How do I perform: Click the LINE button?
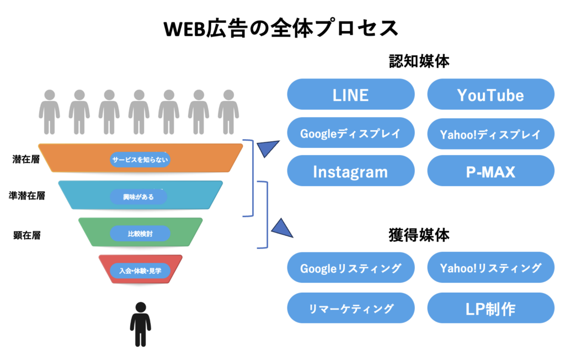(x=350, y=94)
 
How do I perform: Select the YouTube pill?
(x=491, y=94)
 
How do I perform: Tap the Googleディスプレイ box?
(x=350, y=133)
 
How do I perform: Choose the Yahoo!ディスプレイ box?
(x=491, y=134)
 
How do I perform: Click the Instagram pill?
(x=350, y=171)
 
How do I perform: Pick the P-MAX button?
(x=491, y=171)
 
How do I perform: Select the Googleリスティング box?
(x=350, y=268)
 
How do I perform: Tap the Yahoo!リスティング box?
(x=491, y=268)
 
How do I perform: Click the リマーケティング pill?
(x=350, y=308)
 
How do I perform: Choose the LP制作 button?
(x=491, y=308)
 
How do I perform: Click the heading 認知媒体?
(x=419, y=60)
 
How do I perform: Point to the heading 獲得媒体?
(x=419, y=235)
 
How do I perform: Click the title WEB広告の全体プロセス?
(x=281, y=28)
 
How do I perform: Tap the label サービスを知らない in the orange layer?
(x=141, y=160)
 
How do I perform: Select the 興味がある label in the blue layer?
(x=138, y=197)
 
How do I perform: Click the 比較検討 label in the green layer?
(x=140, y=234)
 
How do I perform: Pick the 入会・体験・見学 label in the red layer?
(x=140, y=270)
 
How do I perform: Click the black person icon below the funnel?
(x=140, y=324)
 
